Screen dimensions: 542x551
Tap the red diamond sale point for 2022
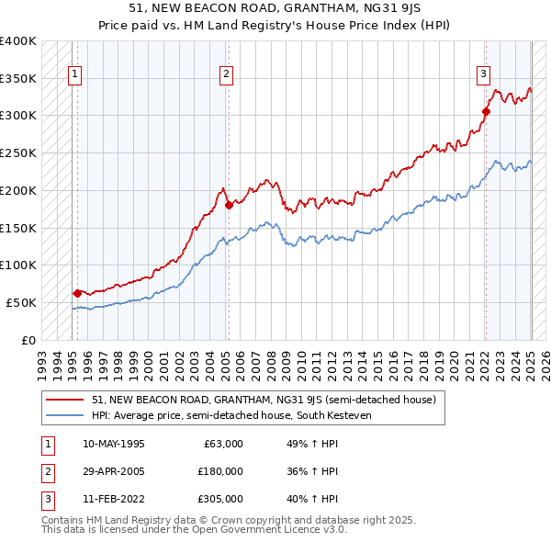(x=486, y=112)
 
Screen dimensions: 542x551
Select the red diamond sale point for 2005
(x=229, y=205)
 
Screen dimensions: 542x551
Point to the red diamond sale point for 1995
(x=76, y=293)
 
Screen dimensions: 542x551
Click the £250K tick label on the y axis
(x=18, y=152)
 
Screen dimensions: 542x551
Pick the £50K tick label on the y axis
(x=22, y=302)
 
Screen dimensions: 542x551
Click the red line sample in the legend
(x=65, y=400)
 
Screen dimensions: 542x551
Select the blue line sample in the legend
(x=65, y=415)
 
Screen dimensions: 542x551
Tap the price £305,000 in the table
(x=221, y=499)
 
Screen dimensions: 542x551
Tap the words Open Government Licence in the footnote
(x=247, y=529)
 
